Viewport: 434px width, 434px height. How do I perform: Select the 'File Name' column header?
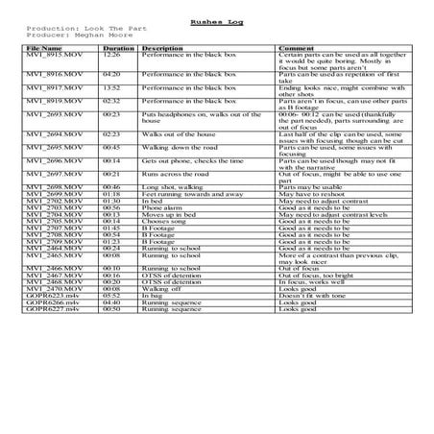click(45, 47)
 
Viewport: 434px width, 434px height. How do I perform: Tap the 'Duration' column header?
click(118, 47)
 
